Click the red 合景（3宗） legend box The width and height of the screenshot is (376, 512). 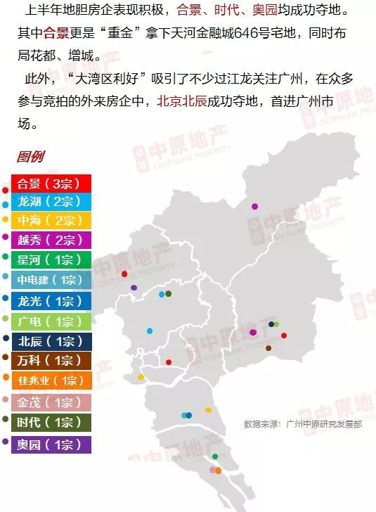pos(51,184)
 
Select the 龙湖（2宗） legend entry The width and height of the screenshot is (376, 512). pos(51,201)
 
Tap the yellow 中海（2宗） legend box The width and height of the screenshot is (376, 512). pos(51,220)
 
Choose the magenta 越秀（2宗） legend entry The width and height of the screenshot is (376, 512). pos(51,239)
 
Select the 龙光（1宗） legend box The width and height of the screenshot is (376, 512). pos(51,301)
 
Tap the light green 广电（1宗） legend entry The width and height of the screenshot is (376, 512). pos(51,321)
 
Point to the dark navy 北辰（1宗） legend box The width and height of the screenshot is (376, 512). pos(51,342)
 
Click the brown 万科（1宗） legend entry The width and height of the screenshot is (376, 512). pos(51,361)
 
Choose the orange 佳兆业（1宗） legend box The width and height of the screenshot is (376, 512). pos(51,381)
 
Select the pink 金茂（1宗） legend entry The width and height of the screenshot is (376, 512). pos(51,402)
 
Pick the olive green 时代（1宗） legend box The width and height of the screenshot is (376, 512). pos(51,423)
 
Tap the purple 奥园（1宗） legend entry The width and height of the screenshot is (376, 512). pos(51,444)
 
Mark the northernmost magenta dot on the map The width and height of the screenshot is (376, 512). pos(254,206)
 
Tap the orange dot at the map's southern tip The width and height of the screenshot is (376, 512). pos(219,470)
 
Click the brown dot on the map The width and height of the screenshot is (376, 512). pos(268,348)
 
